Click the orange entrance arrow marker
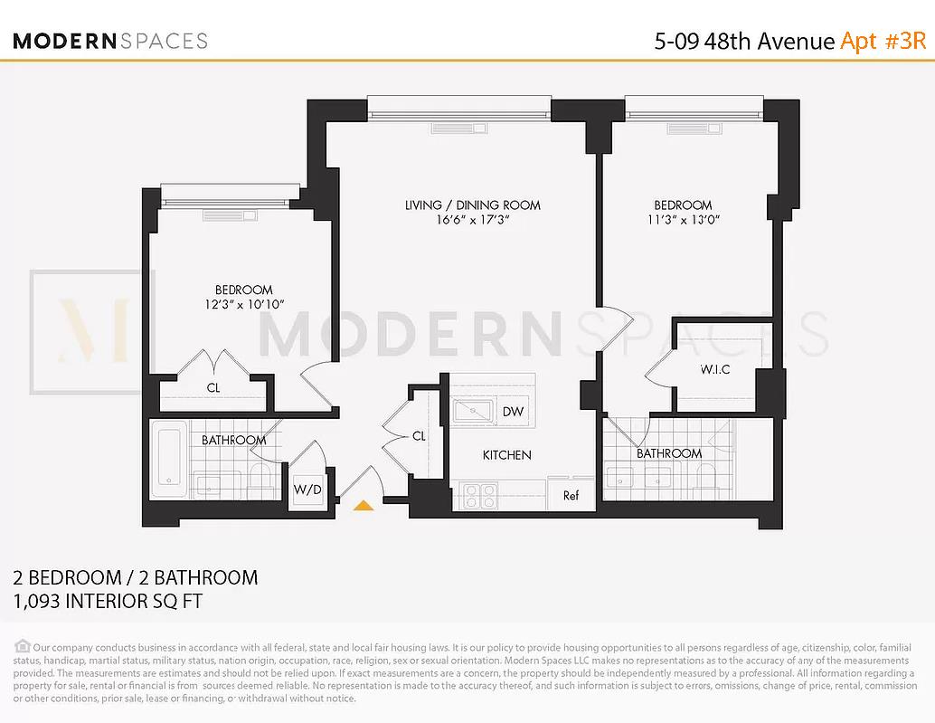click(364, 506)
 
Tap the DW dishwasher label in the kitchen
click(513, 412)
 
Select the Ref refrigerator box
click(571, 495)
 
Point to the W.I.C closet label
click(714, 370)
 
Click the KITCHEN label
click(506, 454)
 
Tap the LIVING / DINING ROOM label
click(472, 205)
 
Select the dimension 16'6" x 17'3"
click(472, 220)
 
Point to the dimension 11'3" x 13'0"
click(683, 220)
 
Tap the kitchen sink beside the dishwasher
click(473, 412)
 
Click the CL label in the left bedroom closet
click(213, 388)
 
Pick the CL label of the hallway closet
click(419, 436)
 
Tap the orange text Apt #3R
click(883, 41)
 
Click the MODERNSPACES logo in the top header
click(110, 41)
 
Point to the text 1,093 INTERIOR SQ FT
click(108, 601)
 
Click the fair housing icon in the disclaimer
click(22, 646)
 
